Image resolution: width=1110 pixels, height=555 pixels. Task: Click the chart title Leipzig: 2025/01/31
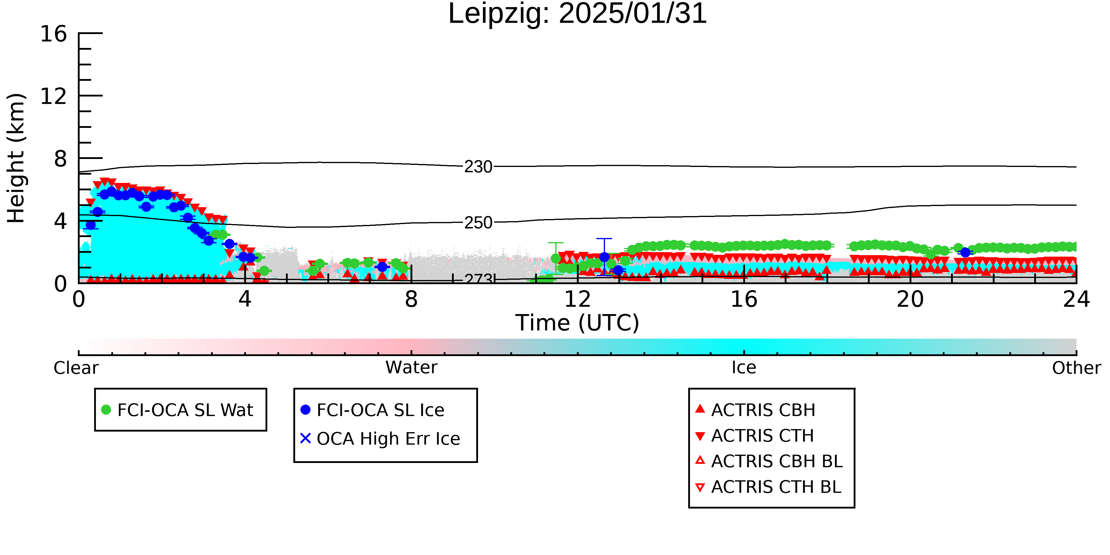point(577,14)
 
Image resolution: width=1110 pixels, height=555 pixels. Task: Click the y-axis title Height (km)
point(16,158)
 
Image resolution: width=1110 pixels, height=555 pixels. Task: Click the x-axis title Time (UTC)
point(577,323)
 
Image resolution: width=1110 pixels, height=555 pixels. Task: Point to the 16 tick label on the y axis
point(54,34)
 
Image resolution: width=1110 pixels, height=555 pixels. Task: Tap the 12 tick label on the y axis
point(54,96)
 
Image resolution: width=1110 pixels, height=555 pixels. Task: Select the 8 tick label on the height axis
point(61,159)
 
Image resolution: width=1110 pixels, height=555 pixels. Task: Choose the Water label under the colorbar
point(411,368)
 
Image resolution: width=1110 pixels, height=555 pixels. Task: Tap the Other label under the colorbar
point(1076,368)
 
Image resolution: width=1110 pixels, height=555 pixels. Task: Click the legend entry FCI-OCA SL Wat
point(178,410)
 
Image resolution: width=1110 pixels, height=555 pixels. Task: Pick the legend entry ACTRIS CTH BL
point(768,487)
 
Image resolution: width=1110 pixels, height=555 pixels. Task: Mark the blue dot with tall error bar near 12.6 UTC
point(604,257)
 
